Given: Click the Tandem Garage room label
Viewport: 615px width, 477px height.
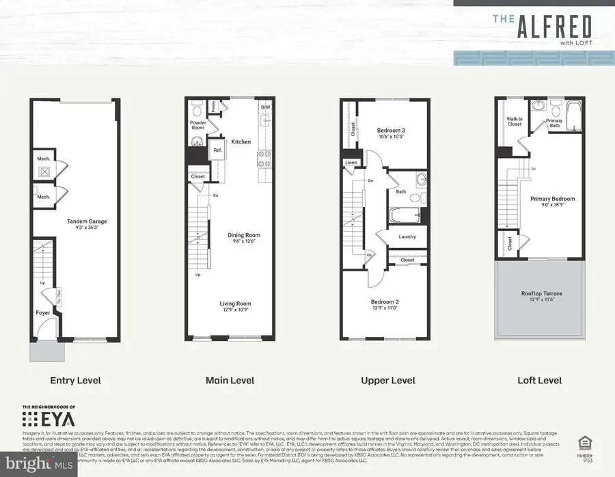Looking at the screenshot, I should point(87,221).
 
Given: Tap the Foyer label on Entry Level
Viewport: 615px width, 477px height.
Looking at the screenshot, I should point(43,313).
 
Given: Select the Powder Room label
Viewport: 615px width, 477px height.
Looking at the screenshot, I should point(198,125).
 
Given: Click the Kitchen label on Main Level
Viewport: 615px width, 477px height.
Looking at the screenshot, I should point(241,141).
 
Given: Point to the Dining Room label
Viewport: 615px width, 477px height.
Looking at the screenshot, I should point(244,236).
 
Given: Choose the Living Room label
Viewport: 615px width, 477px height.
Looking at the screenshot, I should point(235,303).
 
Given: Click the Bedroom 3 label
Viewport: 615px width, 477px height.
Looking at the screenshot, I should point(391,131).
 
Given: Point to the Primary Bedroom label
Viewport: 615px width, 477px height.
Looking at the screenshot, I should point(553,199).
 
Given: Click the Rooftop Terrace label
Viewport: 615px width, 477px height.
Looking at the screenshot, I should point(541,293).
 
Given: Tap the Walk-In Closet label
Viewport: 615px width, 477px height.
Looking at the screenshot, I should point(515,122).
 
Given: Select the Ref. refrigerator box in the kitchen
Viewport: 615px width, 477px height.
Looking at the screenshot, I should point(218,150).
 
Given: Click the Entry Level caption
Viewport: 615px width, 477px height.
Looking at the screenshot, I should point(77,380).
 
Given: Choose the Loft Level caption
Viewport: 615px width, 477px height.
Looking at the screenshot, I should point(540,380).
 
